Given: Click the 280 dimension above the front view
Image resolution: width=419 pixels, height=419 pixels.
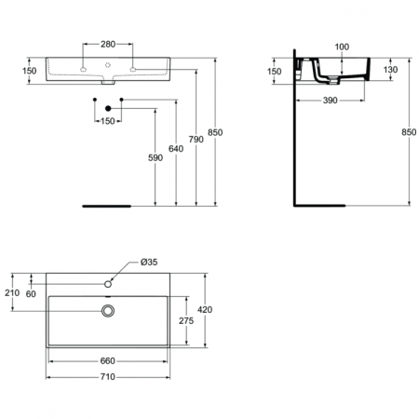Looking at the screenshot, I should (108, 43).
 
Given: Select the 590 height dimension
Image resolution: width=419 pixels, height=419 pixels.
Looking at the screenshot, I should (155, 158).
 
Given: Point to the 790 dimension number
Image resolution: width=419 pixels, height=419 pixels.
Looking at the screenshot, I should (196, 141).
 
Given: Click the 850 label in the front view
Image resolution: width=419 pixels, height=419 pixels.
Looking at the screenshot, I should (216, 133).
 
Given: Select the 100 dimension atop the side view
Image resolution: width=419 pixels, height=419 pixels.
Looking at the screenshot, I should (341, 46).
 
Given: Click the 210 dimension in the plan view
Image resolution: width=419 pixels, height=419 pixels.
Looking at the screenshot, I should (12, 293).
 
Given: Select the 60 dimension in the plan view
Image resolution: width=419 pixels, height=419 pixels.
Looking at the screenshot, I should (33, 293).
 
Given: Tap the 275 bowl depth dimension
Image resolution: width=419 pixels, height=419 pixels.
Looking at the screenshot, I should (184, 320).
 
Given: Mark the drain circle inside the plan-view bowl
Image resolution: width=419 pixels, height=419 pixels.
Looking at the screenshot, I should (108, 309).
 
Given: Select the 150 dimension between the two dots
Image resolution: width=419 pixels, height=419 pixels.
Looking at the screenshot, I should (108, 120).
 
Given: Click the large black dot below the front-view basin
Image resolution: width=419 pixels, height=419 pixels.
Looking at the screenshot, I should (108, 111).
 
